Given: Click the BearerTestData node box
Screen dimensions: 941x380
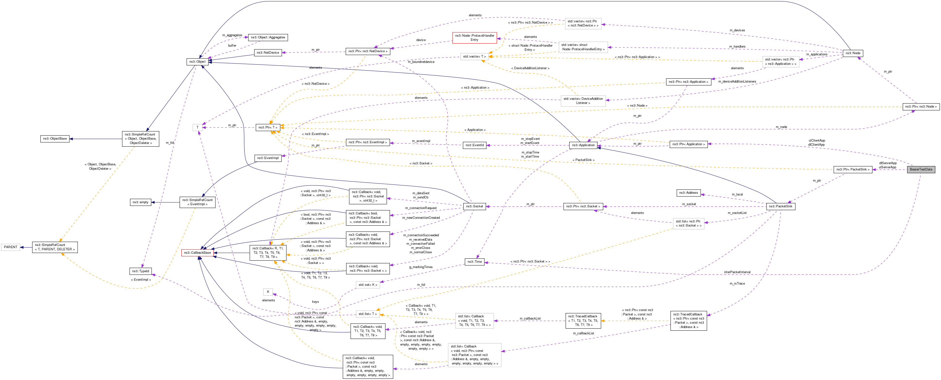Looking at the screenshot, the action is tap(921, 169).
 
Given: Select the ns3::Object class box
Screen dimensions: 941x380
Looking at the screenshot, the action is tap(197, 61).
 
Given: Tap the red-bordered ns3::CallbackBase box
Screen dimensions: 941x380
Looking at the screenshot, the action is tap(197, 253).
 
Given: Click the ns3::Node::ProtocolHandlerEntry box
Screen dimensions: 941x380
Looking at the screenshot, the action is tap(474, 38).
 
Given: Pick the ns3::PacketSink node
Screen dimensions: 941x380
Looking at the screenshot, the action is tap(780, 206).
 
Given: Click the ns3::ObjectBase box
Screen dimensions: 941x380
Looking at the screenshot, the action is tap(55, 139).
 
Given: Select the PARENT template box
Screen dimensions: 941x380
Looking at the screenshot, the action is tap(11, 247).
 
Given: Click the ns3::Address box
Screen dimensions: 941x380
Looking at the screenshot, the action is tap(688, 193).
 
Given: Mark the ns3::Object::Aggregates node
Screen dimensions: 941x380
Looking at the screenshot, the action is tap(268, 37).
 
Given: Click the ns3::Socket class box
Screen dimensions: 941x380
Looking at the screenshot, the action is tap(474, 206).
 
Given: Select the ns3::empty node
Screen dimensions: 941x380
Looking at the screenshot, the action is tap(140, 202).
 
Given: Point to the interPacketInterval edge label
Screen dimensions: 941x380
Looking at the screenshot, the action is tap(737, 272).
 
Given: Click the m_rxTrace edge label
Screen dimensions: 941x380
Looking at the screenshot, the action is tap(737, 283).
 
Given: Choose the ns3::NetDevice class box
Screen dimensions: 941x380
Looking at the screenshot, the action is tap(268, 53).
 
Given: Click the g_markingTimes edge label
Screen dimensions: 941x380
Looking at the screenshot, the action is tap(421, 267).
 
